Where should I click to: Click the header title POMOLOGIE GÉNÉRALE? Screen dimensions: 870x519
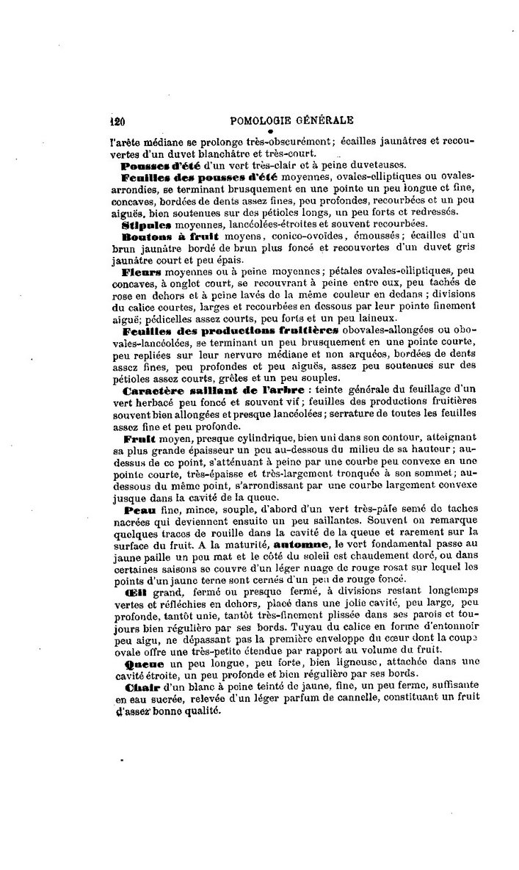[x=291, y=120]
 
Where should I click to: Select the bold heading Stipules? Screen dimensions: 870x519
[x=146, y=224]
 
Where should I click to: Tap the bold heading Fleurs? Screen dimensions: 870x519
[x=142, y=272]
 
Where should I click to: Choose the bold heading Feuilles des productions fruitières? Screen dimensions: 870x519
[x=225, y=330]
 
